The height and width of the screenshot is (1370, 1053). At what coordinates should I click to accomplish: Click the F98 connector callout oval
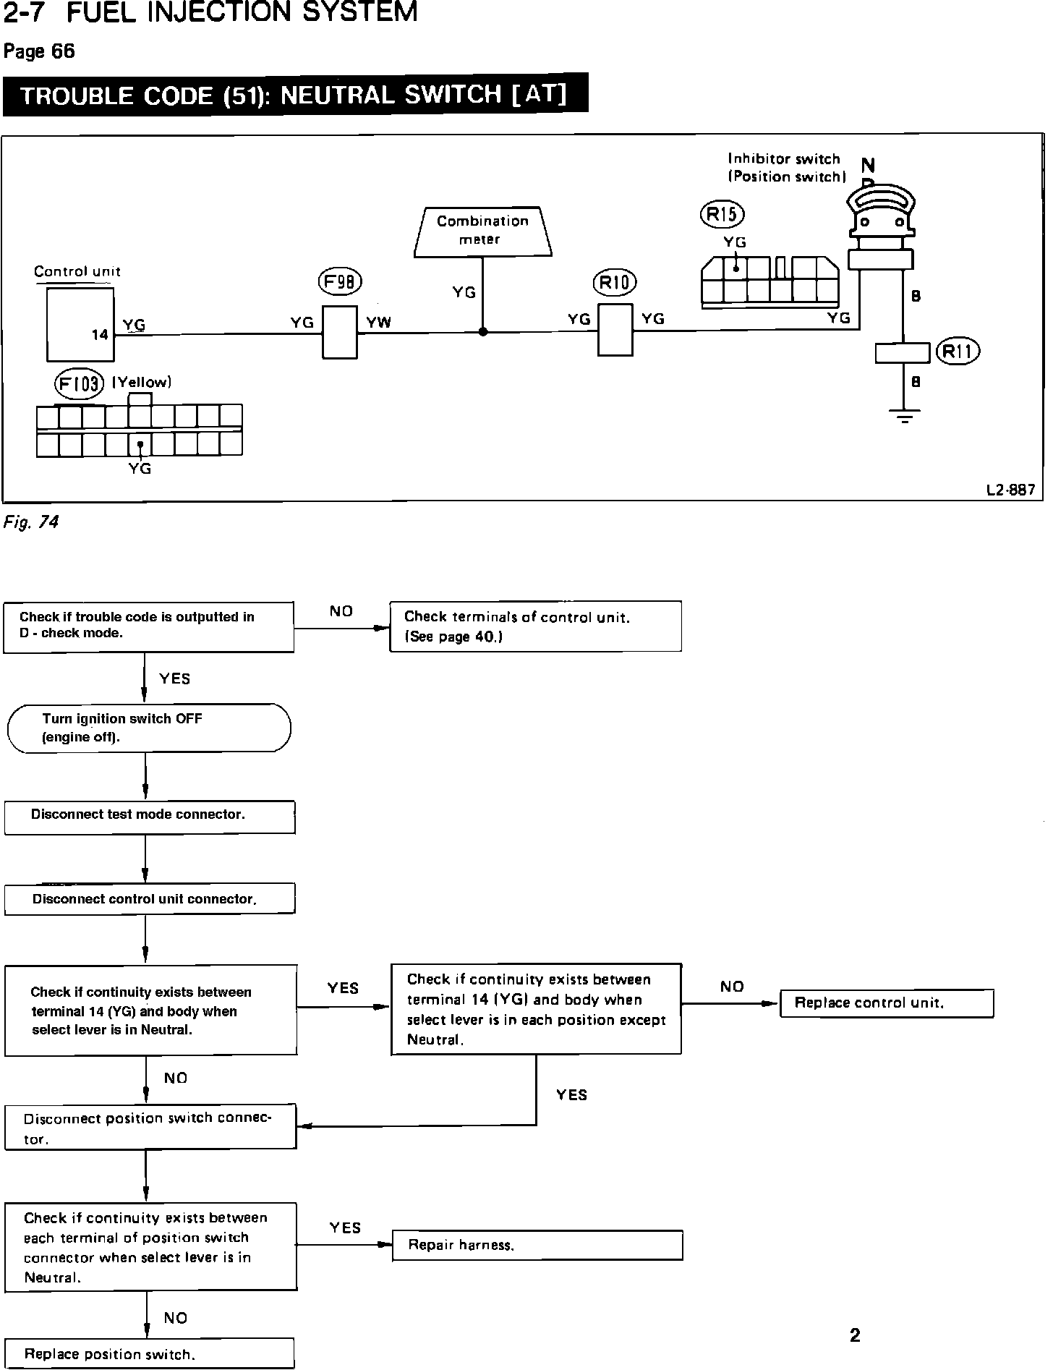(339, 282)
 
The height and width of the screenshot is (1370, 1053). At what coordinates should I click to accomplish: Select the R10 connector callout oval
(614, 282)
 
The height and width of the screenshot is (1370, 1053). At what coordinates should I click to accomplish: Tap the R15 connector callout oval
(722, 214)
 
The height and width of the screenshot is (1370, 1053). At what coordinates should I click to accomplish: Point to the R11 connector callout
(958, 352)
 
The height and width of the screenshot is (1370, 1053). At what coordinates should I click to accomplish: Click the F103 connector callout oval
(79, 383)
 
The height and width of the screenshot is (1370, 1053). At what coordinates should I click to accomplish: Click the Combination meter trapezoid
(482, 231)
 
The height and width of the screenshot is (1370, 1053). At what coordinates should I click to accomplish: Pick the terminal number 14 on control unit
(100, 335)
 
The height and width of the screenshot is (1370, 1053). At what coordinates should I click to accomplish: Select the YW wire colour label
(378, 323)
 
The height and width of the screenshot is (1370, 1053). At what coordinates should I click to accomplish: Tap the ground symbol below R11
(904, 415)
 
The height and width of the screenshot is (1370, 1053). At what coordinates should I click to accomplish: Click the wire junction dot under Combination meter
(483, 332)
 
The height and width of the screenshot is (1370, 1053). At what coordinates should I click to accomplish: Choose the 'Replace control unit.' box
(886, 1003)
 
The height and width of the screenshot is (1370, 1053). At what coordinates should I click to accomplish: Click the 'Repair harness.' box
(537, 1246)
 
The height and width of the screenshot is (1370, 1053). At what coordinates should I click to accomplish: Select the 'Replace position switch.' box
(149, 1353)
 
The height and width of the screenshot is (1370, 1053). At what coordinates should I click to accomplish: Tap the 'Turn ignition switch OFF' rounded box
(149, 728)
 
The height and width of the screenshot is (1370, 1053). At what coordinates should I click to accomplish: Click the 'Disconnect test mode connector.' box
(149, 816)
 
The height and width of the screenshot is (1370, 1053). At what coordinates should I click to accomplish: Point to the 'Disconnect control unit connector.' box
(149, 899)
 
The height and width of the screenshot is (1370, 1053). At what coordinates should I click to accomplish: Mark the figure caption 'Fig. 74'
(31, 522)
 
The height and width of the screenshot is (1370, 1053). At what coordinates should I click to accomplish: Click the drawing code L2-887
(1010, 490)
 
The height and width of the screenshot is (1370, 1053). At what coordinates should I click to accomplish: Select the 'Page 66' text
(39, 51)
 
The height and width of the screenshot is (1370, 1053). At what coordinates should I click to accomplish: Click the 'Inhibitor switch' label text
(784, 159)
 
